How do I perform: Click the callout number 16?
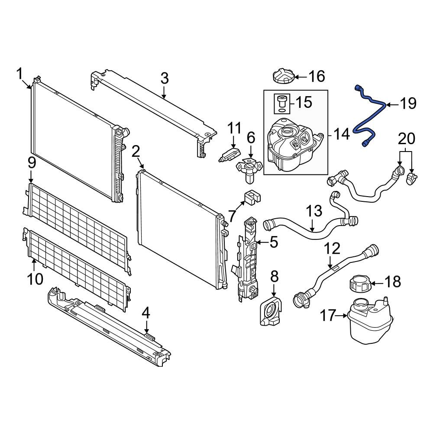(x=317, y=77)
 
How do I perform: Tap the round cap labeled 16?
(x=284, y=77)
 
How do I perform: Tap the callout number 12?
(x=333, y=249)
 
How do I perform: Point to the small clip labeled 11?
(x=230, y=154)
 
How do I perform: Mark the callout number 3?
(x=164, y=79)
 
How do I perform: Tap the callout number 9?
(x=31, y=163)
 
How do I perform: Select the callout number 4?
(x=146, y=312)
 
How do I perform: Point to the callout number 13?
(x=314, y=211)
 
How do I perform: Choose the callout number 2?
(x=136, y=151)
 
